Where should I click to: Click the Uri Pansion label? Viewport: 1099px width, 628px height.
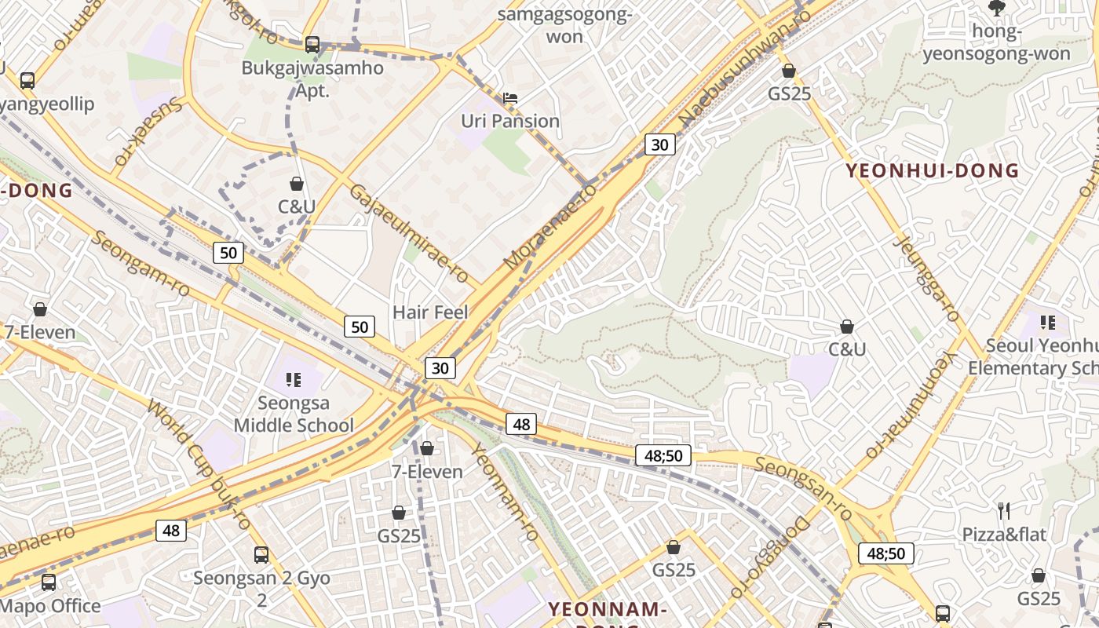[509, 121]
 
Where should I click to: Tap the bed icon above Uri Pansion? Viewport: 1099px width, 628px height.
[510, 98]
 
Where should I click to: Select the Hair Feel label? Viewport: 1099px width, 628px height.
[430, 312]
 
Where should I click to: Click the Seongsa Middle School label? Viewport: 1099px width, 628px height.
[294, 414]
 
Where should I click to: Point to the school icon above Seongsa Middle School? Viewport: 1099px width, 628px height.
[294, 381]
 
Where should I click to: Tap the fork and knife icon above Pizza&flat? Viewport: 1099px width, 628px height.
[1003, 511]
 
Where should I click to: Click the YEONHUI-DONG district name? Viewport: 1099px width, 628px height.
[932, 170]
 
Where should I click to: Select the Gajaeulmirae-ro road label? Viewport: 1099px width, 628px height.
[408, 234]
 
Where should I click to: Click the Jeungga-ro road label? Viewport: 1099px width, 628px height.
[926, 279]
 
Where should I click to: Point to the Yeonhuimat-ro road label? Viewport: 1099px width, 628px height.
[911, 404]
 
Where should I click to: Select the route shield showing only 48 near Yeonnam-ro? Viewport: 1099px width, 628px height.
[521, 425]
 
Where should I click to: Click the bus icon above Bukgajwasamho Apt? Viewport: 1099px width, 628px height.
[312, 45]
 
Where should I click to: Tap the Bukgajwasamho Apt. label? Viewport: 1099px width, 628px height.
[312, 78]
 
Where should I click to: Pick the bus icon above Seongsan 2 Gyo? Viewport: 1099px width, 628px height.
[261, 555]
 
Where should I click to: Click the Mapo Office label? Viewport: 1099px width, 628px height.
[51, 606]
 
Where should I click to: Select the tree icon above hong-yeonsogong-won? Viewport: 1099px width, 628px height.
[996, 8]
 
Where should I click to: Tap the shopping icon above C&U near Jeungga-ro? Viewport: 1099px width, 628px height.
[847, 327]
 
